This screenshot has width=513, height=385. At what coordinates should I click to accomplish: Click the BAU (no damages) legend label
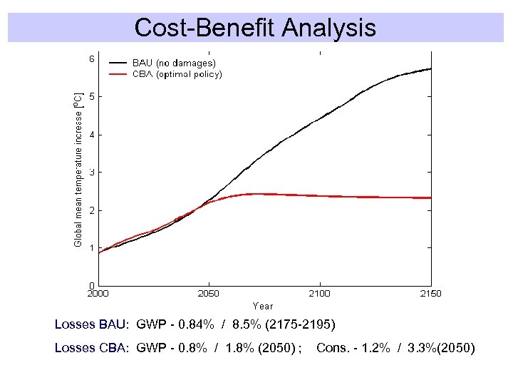coord(174,63)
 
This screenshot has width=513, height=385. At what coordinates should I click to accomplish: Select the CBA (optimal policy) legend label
coord(177,74)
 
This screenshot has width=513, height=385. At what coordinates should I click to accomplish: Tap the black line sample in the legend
coord(118,63)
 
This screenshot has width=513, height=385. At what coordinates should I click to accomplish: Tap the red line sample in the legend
coord(118,74)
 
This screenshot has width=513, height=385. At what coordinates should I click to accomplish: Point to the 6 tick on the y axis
coord(91,59)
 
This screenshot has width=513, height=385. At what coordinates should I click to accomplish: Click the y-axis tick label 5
coord(91,97)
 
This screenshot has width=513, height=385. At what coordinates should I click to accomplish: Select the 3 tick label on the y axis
coord(91,173)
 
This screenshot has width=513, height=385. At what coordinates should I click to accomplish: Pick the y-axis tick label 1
coord(91,248)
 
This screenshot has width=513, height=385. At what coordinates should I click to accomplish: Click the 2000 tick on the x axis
coord(98,294)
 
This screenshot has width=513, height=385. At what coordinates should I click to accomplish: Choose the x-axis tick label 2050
coord(208,294)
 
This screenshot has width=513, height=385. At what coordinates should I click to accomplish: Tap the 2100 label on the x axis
coord(319,294)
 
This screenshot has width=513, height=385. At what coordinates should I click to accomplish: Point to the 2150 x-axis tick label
coord(430,294)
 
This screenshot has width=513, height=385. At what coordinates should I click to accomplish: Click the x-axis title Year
coord(262,306)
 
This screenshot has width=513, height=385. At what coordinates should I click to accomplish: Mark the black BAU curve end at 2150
coord(430,69)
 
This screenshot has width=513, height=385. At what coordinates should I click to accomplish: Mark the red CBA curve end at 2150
coord(430,197)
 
